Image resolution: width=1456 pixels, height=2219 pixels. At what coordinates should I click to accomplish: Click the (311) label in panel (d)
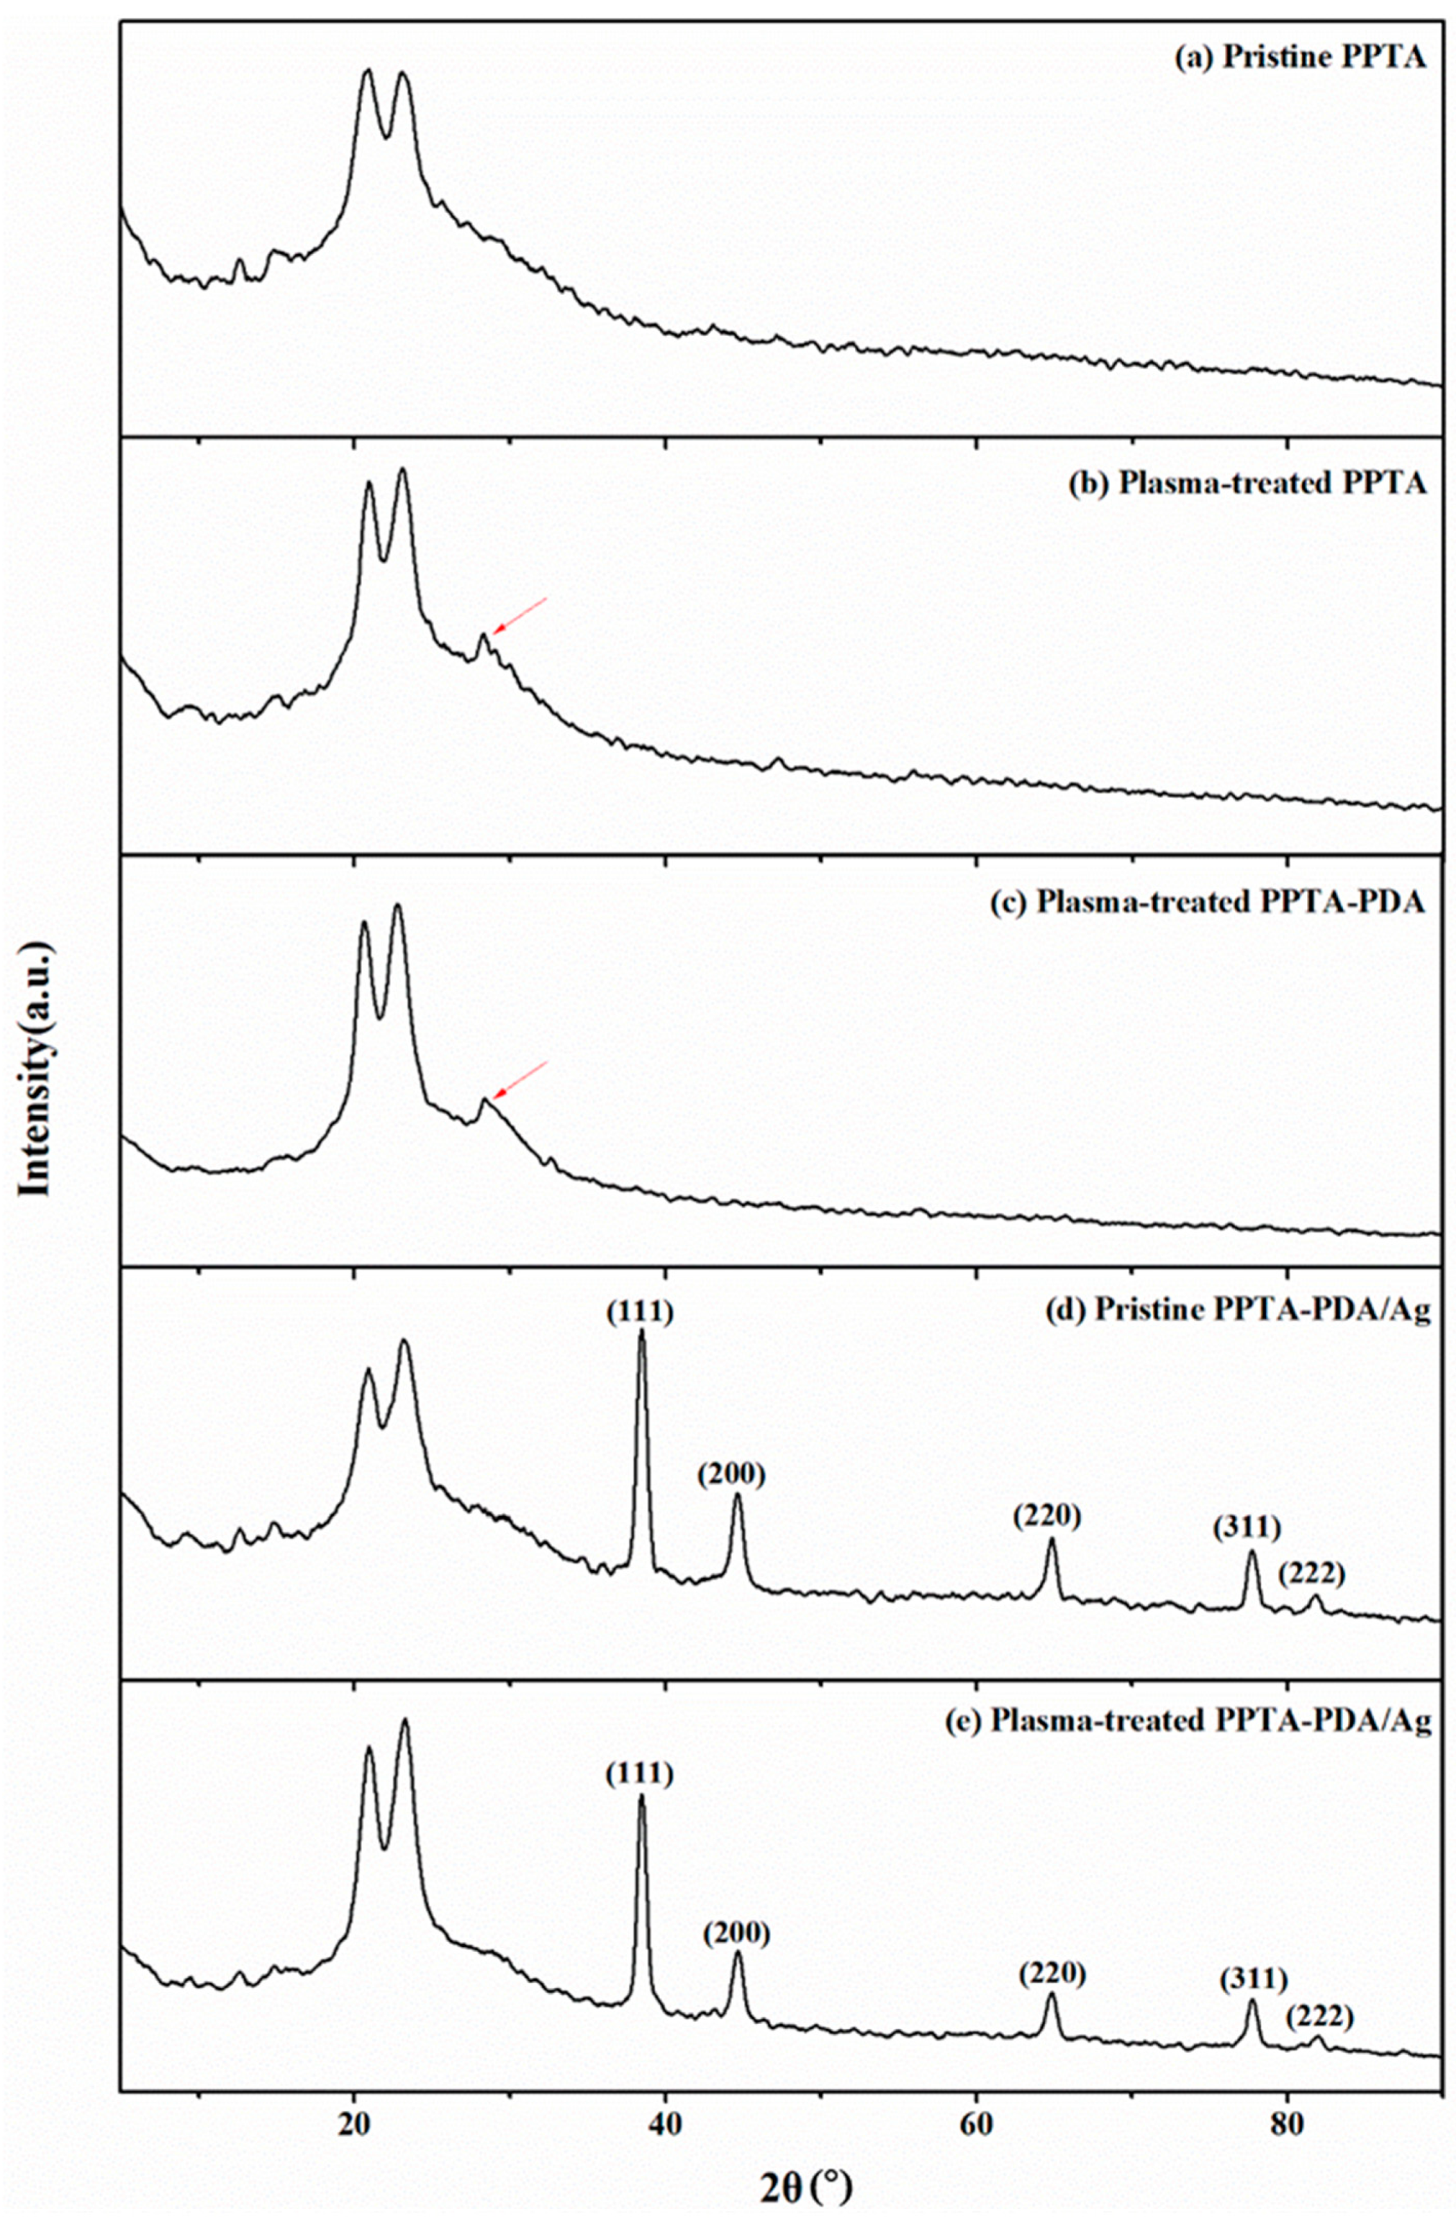point(1246,1527)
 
